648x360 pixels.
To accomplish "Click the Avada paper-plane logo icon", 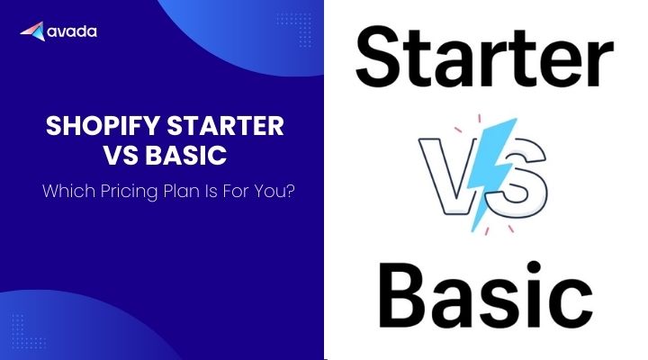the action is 32,31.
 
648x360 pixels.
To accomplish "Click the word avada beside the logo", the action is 72,31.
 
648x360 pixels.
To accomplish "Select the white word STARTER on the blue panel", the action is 226,126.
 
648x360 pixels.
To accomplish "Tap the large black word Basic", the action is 486,294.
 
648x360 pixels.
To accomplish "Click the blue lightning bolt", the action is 493,174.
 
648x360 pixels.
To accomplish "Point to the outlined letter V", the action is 445,176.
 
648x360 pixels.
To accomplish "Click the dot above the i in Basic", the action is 534,267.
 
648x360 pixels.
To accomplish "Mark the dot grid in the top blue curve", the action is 294,30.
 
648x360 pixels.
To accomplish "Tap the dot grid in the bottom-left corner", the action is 28,331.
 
